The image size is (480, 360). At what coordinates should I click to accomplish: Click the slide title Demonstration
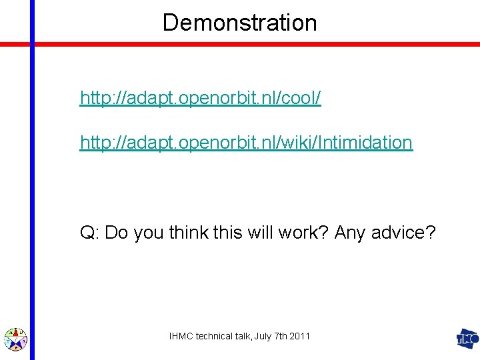(239, 23)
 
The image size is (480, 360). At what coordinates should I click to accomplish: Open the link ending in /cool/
(201, 99)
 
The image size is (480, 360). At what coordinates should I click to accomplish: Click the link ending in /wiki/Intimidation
(246, 142)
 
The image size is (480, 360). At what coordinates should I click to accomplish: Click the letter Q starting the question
(87, 233)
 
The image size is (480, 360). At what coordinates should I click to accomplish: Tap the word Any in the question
(349, 233)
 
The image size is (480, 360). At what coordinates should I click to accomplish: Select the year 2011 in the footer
(300, 337)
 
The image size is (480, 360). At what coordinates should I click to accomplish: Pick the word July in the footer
(262, 337)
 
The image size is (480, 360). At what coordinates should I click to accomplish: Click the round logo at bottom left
(15, 339)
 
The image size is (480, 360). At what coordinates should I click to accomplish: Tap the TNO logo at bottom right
(467, 339)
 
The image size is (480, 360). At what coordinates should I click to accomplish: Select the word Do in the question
(115, 233)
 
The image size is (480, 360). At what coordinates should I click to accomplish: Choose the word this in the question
(230, 233)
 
